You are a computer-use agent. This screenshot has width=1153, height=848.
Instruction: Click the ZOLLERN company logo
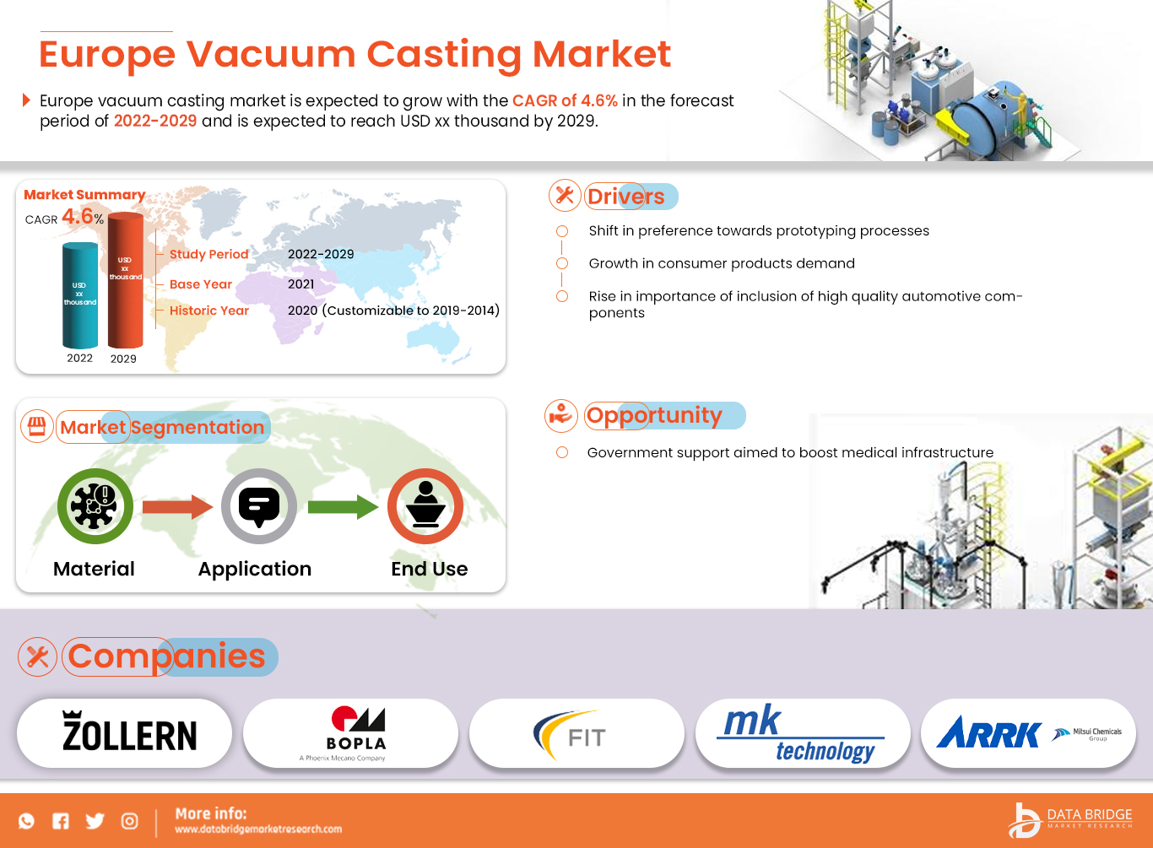coord(129,732)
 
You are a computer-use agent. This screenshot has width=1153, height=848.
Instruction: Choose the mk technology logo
coord(799,733)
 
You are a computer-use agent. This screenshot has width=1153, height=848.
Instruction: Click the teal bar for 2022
coord(80,295)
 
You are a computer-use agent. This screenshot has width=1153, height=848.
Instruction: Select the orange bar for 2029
coord(125,280)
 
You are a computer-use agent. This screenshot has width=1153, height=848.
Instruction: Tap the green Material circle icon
coord(95,506)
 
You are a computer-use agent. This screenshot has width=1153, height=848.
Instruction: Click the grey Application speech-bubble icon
coord(259,506)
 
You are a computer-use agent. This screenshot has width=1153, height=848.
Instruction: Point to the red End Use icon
coord(425,506)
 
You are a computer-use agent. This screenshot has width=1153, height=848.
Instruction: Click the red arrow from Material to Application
coord(177,506)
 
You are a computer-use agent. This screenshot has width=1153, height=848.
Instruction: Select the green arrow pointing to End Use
coord(343,507)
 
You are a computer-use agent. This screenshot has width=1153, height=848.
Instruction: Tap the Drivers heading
coord(625,197)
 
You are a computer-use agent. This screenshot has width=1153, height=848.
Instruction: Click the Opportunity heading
coord(654,415)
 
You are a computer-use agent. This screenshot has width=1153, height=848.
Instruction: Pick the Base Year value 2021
coord(300,284)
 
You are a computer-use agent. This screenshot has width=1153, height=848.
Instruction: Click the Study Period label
coord(208,254)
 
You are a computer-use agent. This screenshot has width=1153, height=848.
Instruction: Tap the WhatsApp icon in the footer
coord(27,821)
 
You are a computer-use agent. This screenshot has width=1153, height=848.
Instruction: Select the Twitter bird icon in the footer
coord(95,821)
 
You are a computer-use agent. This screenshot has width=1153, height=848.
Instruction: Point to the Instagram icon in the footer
coord(129,821)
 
